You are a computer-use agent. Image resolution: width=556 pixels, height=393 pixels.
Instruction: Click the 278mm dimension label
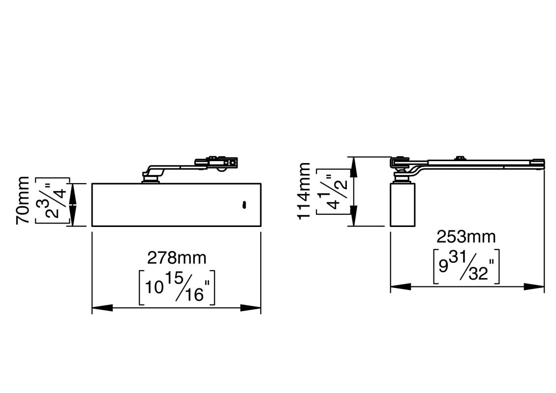[177, 258]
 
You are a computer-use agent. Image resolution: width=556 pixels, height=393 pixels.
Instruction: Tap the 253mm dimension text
[466, 236]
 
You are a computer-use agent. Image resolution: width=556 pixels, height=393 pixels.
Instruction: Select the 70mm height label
[23, 200]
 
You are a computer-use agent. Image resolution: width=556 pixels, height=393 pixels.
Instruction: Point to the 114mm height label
[304, 191]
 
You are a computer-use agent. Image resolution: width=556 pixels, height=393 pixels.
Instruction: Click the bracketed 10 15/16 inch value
[177, 287]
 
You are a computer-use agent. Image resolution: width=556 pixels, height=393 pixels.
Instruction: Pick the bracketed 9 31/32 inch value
[466, 266]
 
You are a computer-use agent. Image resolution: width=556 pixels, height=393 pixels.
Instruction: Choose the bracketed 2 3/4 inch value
[53, 201]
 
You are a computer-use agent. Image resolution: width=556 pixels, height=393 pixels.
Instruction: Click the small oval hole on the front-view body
[244, 205]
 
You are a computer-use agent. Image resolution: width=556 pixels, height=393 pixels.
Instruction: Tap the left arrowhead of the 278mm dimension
[102, 308]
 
